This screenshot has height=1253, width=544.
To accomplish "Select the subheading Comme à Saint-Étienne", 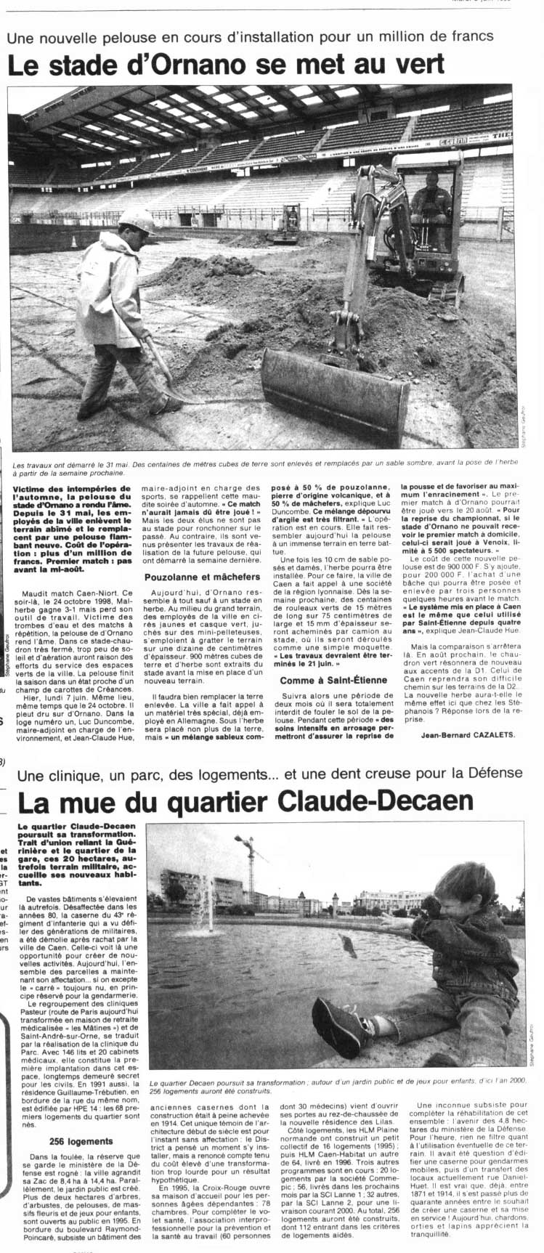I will tap(330, 680).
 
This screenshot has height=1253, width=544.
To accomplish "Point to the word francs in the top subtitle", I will tap(475, 36).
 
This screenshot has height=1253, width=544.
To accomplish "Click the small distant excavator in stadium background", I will tap(289, 224).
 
